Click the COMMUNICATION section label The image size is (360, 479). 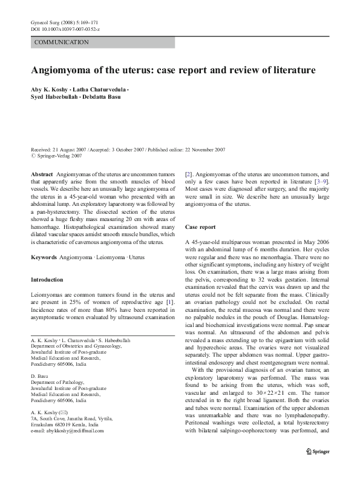click(62, 42)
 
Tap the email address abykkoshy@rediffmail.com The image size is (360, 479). click(67, 431)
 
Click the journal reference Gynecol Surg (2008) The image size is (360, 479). click(57, 22)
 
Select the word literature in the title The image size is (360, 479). click(289, 70)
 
